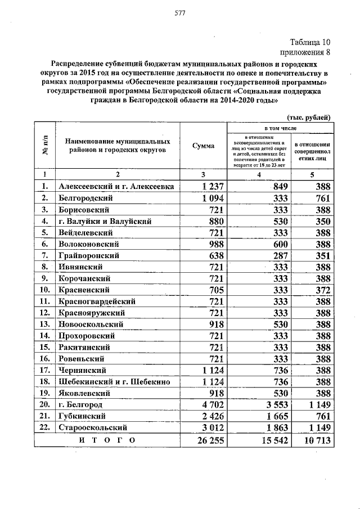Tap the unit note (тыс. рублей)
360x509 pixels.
(309, 117)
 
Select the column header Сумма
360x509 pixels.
(203, 146)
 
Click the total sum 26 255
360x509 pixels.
(206, 441)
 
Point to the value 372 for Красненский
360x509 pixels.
(319, 290)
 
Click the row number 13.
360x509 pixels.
(44, 324)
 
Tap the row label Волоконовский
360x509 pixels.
(88, 244)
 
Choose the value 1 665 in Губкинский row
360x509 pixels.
(275, 416)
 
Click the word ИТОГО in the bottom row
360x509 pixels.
(106, 441)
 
